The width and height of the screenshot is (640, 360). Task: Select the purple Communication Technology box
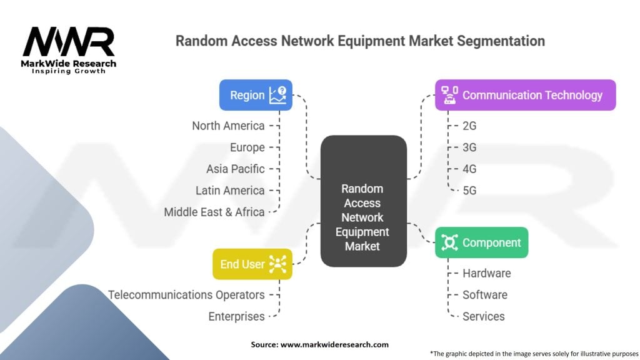(x=525, y=95)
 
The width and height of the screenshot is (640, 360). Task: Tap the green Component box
(x=481, y=242)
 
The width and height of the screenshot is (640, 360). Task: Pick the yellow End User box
(x=252, y=264)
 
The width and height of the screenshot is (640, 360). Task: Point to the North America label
(x=228, y=126)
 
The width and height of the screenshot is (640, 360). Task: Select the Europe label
(x=247, y=147)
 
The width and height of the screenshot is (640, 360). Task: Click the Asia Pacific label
(x=236, y=169)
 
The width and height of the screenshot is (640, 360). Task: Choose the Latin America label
(x=230, y=190)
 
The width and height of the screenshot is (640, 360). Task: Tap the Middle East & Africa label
(x=214, y=212)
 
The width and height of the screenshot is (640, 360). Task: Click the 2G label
(x=469, y=126)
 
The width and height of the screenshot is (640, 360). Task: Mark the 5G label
(x=469, y=190)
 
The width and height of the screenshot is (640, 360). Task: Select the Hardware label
(x=486, y=273)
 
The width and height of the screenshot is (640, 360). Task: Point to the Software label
(x=484, y=294)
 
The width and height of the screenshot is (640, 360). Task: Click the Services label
(x=483, y=316)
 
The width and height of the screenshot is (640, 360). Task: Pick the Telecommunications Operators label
(x=186, y=294)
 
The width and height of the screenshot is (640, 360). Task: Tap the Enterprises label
(x=236, y=316)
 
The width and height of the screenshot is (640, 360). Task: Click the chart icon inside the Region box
(x=278, y=95)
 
